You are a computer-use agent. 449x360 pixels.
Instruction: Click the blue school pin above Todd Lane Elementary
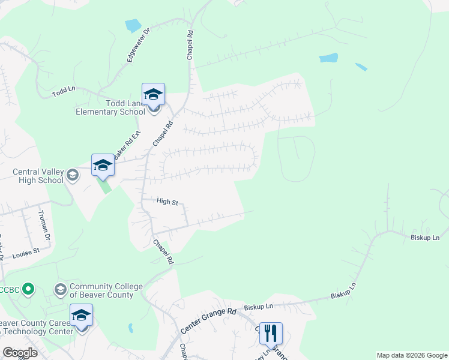[153, 94]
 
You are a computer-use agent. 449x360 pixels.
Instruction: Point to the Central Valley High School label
[38, 176]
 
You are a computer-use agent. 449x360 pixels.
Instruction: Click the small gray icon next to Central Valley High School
[73, 175]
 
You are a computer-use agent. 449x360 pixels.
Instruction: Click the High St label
[167, 202]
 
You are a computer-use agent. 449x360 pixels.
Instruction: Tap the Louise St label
[26, 253]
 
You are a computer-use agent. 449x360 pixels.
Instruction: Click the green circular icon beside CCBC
[28, 290]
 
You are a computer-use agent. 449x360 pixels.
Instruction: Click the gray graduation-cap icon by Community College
[60, 290]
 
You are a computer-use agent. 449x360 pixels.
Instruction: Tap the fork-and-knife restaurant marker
[271, 333]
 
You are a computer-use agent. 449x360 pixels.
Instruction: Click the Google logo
[20, 353]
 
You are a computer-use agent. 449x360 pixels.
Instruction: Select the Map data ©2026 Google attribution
[412, 355]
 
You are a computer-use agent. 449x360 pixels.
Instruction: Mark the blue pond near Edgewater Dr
[133, 26]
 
